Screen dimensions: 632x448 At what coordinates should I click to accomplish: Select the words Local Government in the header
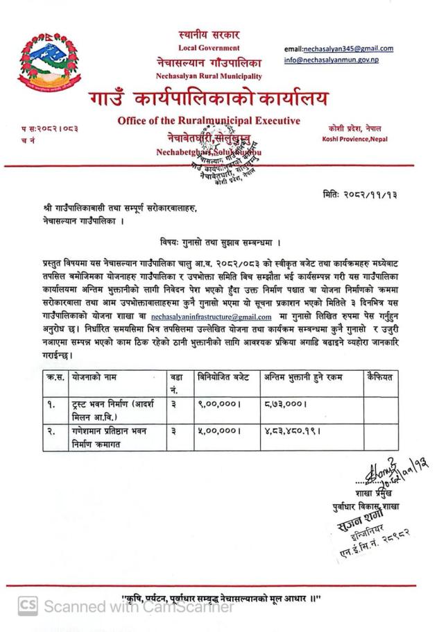click(209, 48)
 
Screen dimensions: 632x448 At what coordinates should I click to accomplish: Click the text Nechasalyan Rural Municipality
click(209, 76)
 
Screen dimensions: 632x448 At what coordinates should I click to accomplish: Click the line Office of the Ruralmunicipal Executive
click(209, 121)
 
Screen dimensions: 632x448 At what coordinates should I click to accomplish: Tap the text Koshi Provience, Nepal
click(354, 139)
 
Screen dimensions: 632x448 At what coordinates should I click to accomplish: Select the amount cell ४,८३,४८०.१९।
click(295, 431)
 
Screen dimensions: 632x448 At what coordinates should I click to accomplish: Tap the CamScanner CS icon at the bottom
click(28, 606)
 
